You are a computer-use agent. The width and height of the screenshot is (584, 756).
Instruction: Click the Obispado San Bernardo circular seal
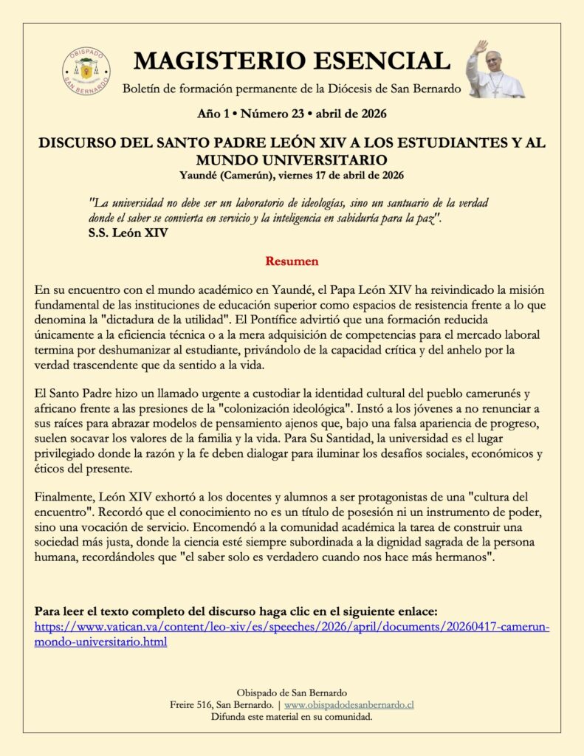(x=86, y=72)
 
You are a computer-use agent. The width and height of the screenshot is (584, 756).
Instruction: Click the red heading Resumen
(x=292, y=261)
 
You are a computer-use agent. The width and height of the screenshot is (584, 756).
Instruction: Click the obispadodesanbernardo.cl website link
(x=348, y=705)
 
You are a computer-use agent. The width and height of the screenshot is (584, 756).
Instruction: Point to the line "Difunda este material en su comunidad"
(x=292, y=717)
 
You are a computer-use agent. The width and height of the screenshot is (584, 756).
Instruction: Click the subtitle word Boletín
(x=141, y=89)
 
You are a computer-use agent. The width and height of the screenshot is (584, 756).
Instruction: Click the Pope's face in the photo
(x=493, y=58)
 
